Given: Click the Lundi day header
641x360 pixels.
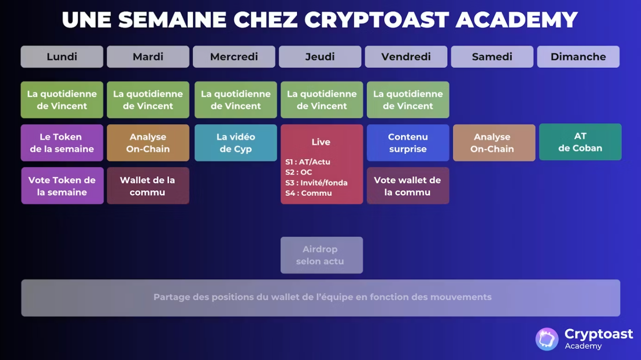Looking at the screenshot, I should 62,57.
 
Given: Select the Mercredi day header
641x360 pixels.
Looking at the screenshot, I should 234,57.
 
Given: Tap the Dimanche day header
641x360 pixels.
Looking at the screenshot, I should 578,57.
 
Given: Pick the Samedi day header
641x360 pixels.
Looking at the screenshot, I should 492,57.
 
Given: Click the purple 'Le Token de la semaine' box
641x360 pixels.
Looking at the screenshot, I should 62,143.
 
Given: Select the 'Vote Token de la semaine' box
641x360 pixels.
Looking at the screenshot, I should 62,186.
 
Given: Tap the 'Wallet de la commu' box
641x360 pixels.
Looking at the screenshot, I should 148,186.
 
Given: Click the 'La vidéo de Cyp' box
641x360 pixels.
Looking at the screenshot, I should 236,143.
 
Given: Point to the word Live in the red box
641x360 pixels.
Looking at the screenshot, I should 321,142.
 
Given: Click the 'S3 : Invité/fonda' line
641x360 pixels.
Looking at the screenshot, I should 316,183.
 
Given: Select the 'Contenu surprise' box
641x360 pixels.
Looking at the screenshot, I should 408,143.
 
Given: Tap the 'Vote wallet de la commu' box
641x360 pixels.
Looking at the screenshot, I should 408,186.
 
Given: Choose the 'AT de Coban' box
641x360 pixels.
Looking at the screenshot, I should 580,142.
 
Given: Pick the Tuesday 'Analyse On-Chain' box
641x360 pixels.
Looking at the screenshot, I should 148,143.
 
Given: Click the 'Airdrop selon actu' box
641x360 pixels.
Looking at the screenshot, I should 321,255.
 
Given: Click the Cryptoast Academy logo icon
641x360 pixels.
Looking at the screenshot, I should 547,339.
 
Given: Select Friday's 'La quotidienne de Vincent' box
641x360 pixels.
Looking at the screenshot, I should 408,100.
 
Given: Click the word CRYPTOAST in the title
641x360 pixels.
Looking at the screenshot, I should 377,20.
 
